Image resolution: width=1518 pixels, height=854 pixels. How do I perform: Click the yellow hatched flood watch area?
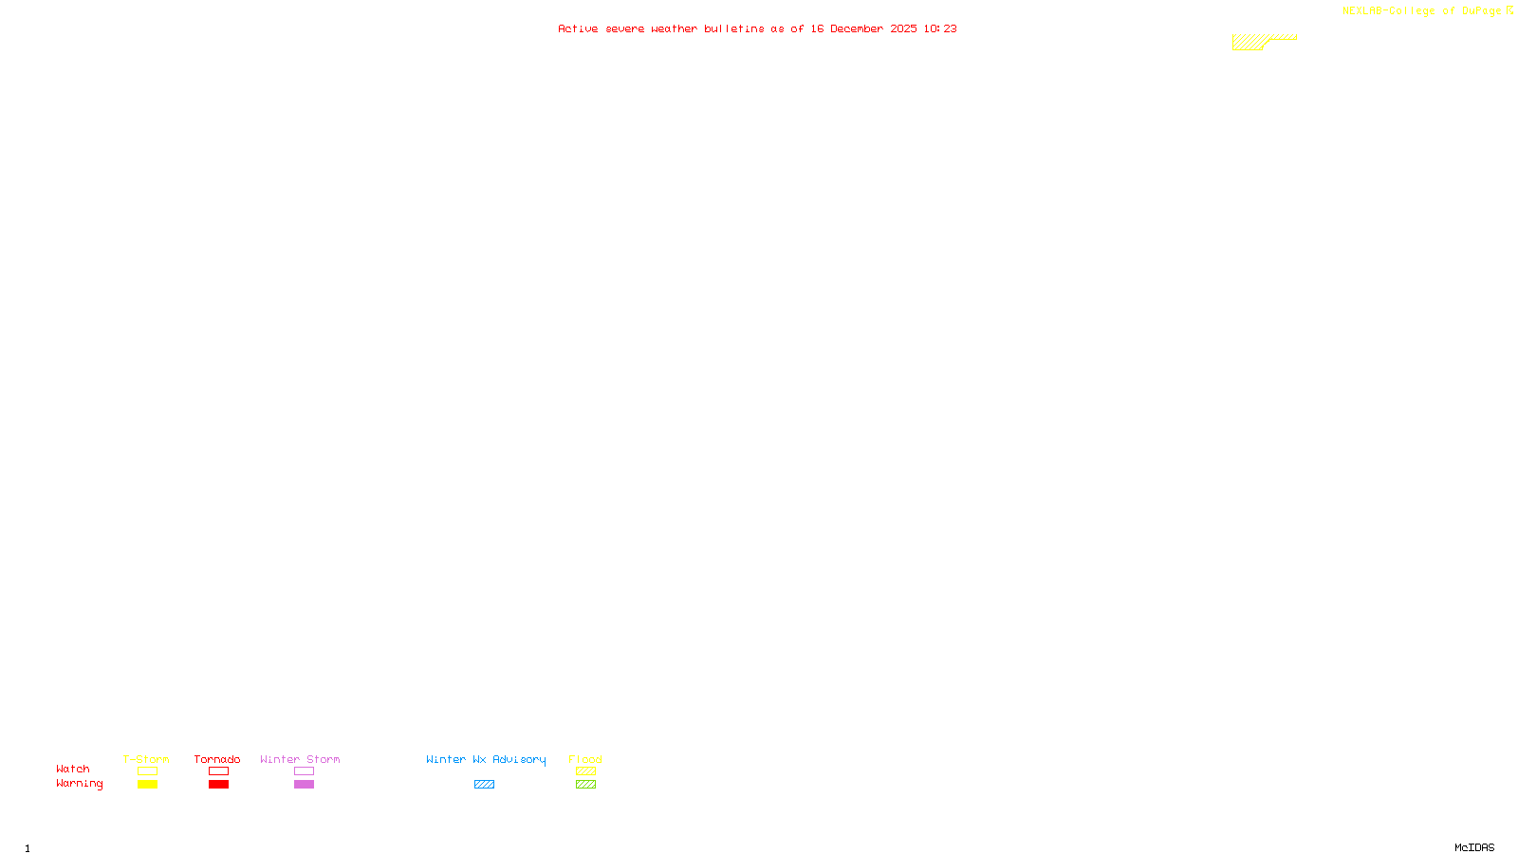point(1249,43)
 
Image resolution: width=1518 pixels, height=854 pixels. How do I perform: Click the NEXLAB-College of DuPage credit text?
point(1421,11)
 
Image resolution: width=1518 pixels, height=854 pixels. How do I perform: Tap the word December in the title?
point(856,29)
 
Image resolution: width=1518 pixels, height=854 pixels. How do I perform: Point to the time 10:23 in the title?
point(939,29)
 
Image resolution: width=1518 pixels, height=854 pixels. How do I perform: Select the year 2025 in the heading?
point(903,29)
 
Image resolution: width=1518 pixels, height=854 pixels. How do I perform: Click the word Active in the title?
point(578,29)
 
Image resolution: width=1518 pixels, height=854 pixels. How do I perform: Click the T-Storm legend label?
point(146,759)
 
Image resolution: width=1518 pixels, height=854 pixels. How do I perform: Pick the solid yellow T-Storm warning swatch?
point(147,785)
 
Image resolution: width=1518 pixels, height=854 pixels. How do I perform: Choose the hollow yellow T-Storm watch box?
point(147,771)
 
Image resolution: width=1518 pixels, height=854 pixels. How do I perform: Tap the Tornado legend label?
point(217,759)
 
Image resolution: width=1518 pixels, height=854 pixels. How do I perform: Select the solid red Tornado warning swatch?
point(219,785)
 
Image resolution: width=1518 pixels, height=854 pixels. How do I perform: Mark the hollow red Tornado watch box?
point(219,771)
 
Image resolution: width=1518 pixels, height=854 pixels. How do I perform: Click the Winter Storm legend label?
point(300,759)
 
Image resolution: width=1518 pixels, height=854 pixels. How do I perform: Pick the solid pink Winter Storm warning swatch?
point(304,785)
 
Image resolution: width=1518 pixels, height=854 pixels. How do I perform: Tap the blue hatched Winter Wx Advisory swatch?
point(484,785)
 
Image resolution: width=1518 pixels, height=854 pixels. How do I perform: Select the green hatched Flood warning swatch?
point(585,785)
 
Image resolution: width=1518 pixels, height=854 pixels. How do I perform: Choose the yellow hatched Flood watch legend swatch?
point(585,771)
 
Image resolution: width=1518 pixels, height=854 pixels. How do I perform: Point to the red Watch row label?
point(73,770)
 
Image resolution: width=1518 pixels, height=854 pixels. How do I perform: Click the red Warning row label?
point(80,784)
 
